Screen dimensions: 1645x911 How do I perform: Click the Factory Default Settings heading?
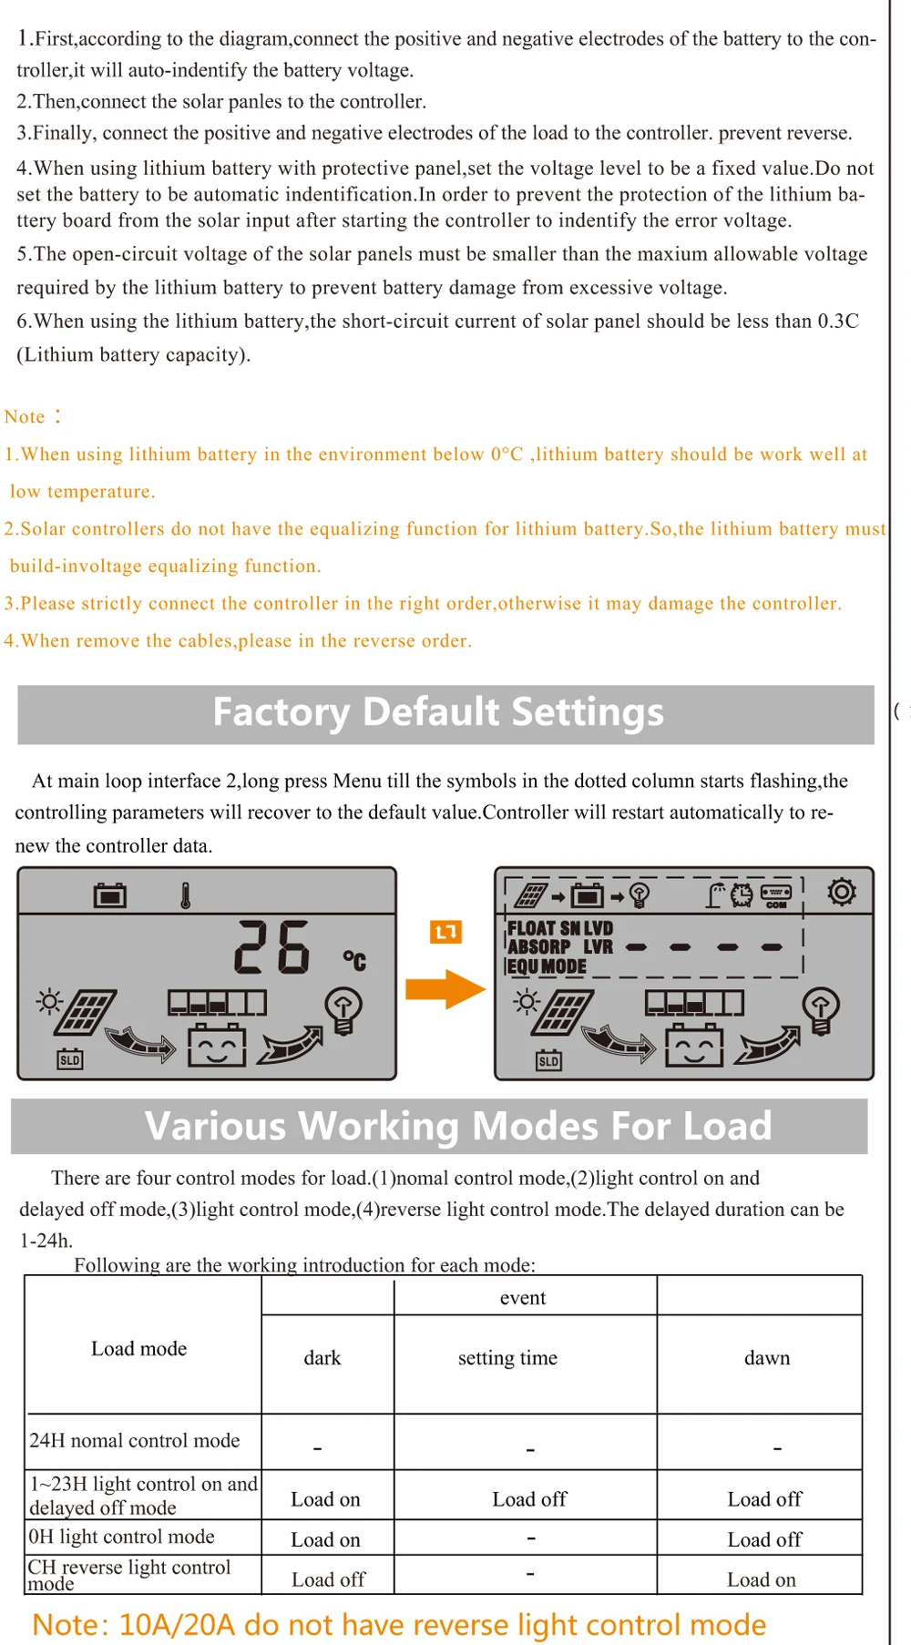(x=438, y=712)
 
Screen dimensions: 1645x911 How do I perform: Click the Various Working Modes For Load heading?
(x=458, y=1126)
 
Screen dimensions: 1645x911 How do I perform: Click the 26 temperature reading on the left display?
(x=272, y=947)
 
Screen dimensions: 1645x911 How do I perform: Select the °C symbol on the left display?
(x=354, y=960)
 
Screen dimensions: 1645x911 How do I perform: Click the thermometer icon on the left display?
(x=186, y=896)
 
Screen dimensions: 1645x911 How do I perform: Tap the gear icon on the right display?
(x=841, y=892)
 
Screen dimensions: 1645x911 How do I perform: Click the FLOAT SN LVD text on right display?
(x=560, y=928)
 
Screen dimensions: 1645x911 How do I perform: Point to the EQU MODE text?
(x=547, y=966)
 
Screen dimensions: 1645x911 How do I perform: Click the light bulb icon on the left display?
(x=344, y=1010)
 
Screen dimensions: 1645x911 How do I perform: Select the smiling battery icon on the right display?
(x=694, y=1045)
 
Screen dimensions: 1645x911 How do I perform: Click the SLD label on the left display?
(x=70, y=1060)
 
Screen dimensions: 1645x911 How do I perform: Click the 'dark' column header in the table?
(x=322, y=1358)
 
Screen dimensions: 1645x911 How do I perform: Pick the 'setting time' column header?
(x=507, y=1358)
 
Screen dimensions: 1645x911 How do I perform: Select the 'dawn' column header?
(x=767, y=1358)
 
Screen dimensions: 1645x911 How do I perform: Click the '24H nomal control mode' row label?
(x=135, y=1440)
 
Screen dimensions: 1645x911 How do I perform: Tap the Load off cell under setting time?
(x=529, y=1498)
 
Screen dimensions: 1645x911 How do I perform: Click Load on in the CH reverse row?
(x=762, y=1579)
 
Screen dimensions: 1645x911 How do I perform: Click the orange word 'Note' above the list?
(x=25, y=417)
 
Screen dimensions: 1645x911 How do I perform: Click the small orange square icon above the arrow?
(x=445, y=932)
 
